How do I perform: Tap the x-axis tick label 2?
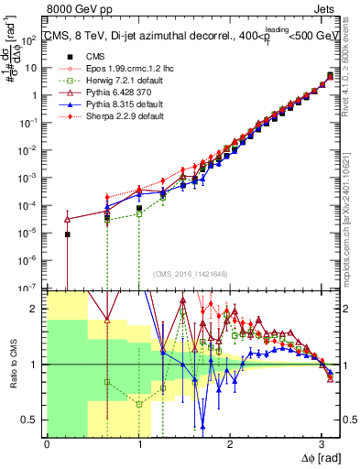(230, 444)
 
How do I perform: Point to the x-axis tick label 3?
(322, 444)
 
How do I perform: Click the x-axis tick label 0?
(47, 444)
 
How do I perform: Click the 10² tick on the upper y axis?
(30, 39)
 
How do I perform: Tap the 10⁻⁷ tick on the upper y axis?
(29, 287)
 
